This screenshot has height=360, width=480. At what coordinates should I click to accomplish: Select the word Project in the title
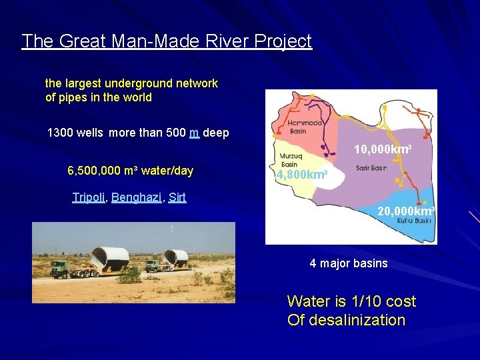(x=283, y=41)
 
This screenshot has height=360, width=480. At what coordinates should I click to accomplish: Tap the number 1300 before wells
(x=61, y=133)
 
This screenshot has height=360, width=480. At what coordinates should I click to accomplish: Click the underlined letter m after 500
(x=194, y=133)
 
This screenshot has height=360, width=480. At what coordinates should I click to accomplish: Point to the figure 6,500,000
(x=93, y=171)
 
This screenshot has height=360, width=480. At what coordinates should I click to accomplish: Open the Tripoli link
(x=89, y=197)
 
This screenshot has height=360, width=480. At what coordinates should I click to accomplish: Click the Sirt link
(x=177, y=197)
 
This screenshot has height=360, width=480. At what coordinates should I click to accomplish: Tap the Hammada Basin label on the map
(x=305, y=126)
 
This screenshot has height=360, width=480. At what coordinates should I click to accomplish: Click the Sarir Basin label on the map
(x=371, y=169)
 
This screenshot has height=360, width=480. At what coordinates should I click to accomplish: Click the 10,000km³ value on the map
(x=381, y=150)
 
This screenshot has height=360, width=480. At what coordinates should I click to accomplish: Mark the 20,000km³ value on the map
(x=406, y=211)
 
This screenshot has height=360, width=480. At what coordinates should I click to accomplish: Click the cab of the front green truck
(x=60, y=267)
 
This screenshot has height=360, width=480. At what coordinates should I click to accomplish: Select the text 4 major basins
(x=348, y=263)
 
